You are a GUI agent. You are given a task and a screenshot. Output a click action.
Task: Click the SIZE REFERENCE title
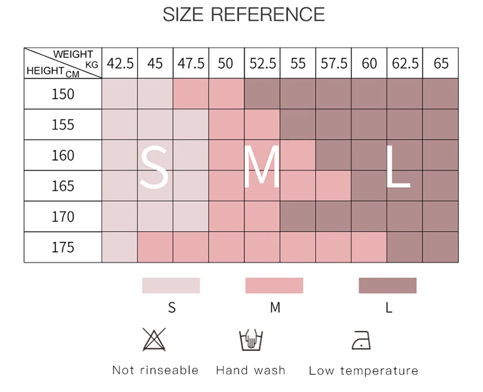[243, 14]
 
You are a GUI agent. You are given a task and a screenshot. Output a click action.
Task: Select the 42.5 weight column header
[120, 63]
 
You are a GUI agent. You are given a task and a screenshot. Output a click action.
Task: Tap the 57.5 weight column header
[333, 63]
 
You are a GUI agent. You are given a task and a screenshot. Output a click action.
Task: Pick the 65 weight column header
[441, 63]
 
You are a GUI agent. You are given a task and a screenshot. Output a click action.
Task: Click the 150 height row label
[63, 94]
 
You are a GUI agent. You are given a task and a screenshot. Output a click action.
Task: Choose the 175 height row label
[63, 247]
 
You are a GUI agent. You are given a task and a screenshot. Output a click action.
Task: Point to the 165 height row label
[63, 186]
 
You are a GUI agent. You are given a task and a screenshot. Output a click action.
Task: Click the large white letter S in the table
[155, 168]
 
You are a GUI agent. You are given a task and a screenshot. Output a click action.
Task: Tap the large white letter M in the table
[262, 168]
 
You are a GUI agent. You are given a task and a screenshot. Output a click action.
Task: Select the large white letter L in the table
[397, 168]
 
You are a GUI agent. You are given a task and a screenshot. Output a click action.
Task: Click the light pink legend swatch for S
[171, 286]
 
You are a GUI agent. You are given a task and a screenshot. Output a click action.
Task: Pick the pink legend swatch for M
[274, 286]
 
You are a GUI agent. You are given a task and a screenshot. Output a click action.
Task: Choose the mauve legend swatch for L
[388, 286]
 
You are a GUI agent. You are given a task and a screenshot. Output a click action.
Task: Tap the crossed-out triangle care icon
[154, 339]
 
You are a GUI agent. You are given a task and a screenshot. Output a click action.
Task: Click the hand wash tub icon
[251, 339]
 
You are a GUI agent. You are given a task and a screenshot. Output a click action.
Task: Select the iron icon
[361, 340]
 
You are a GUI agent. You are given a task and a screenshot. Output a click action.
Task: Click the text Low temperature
[363, 371]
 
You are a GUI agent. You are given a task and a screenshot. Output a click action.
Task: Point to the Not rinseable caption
[155, 370]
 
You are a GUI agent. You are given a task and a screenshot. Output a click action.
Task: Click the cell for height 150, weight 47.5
[191, 94]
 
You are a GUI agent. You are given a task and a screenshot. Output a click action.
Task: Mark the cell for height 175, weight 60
[369, 247]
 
